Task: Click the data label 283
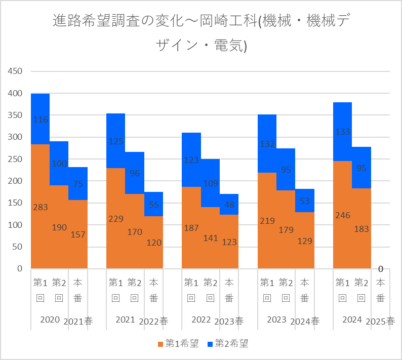(41, 207)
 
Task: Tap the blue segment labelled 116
(41, 119)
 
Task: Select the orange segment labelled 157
(78, 234)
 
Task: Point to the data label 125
(116, 141)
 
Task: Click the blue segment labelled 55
(154, 204)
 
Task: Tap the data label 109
(210, 182)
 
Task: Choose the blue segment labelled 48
(229, 205)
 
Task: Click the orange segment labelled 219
(267, 220)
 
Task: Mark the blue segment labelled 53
(305, 201)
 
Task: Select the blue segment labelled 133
(343, 132)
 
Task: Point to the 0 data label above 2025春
(380, 269)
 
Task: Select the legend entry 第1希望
(178, 344)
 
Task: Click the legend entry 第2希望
(227, 344)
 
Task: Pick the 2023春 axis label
(229, 322)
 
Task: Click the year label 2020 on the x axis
(50, 320)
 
